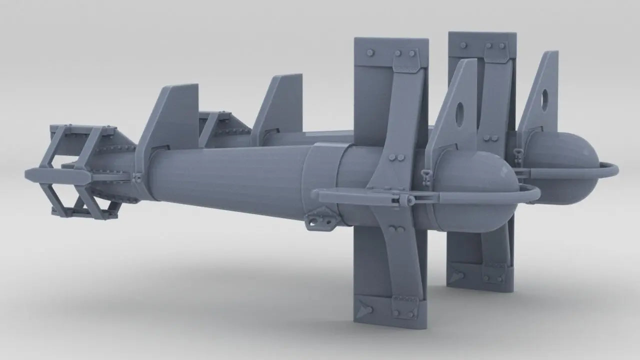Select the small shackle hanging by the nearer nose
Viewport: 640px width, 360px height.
pyautogui.click(x=426, y=176)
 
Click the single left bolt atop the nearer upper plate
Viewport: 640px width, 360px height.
pyautogui.click(x=370, y=52)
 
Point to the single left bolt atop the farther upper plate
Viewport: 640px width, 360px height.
pyautogui.click(x=463, y=44)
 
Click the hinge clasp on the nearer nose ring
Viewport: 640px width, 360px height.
pyautogui.click(x=403, y=199)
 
